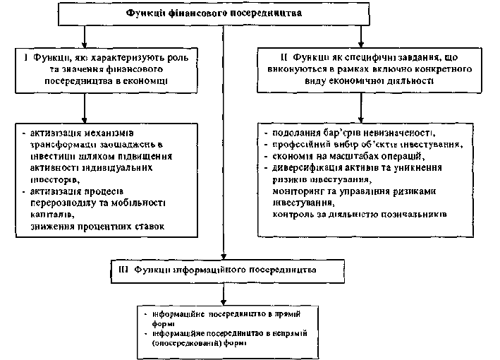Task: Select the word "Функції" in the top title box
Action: coord(145,13)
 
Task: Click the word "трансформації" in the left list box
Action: coord(63,144)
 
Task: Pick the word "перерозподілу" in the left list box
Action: coord(63,203)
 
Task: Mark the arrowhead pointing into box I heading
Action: coord(84,42)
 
